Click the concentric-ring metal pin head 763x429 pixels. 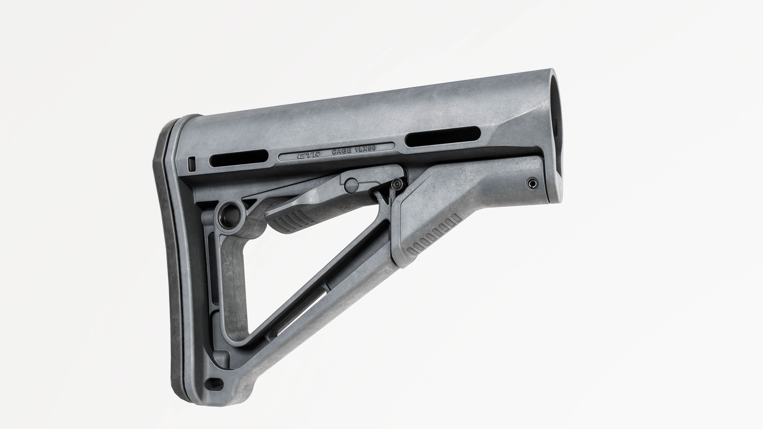coord(397,185)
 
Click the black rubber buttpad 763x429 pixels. coord(169,267)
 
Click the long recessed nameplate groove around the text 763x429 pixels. coord(336,153)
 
